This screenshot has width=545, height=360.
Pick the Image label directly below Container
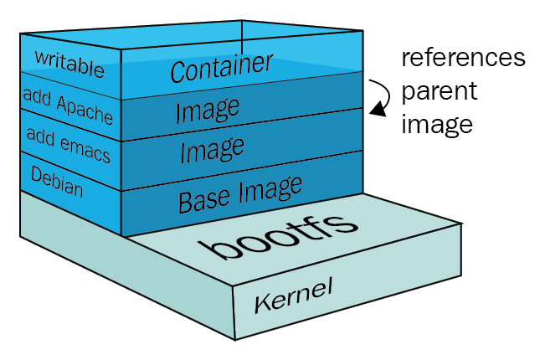pos(207,110)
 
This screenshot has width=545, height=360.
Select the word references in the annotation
pos(463,59)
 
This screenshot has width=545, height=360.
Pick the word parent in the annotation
pos(438,91)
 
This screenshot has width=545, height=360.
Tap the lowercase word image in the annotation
pos(437,124)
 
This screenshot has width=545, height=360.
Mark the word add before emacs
pos(40,133)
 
